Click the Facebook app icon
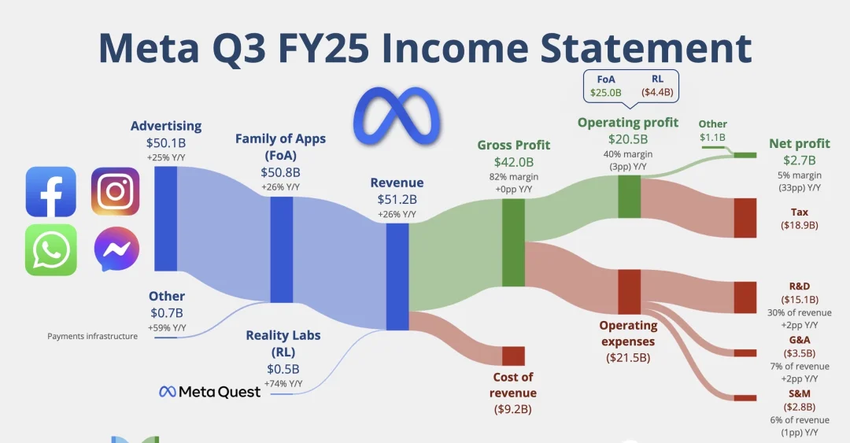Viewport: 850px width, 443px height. (x=51, y=192)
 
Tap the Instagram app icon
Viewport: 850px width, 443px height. (x=115, y=191)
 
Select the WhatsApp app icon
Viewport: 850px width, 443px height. (x=51, y=250)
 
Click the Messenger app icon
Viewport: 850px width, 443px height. (x=116, y=249)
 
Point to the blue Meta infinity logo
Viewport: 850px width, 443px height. (x=396, y=118)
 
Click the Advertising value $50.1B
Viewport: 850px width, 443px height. (x=166, y=143)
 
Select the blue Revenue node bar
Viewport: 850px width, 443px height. (x=397, y=277)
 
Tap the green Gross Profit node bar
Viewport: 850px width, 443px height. (x=513, y=242)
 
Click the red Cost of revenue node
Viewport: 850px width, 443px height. (x=513, y=356)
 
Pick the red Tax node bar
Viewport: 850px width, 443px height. (x=745, y=218)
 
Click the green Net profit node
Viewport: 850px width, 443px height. (x=745, y=155)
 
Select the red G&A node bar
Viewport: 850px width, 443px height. (x=745, y=353)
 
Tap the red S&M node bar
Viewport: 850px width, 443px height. (x=745, y=398)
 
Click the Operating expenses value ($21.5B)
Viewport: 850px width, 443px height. (x=628, y=358)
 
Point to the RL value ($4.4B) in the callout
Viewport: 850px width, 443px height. (x=657, y=92)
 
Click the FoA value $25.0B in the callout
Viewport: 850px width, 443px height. (x=605, y=93)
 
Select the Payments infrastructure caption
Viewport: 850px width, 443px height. (x=92, y=336)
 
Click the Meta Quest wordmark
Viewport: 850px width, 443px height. (x=210, y=392)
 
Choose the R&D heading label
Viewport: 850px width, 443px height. (x=800, y=286)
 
